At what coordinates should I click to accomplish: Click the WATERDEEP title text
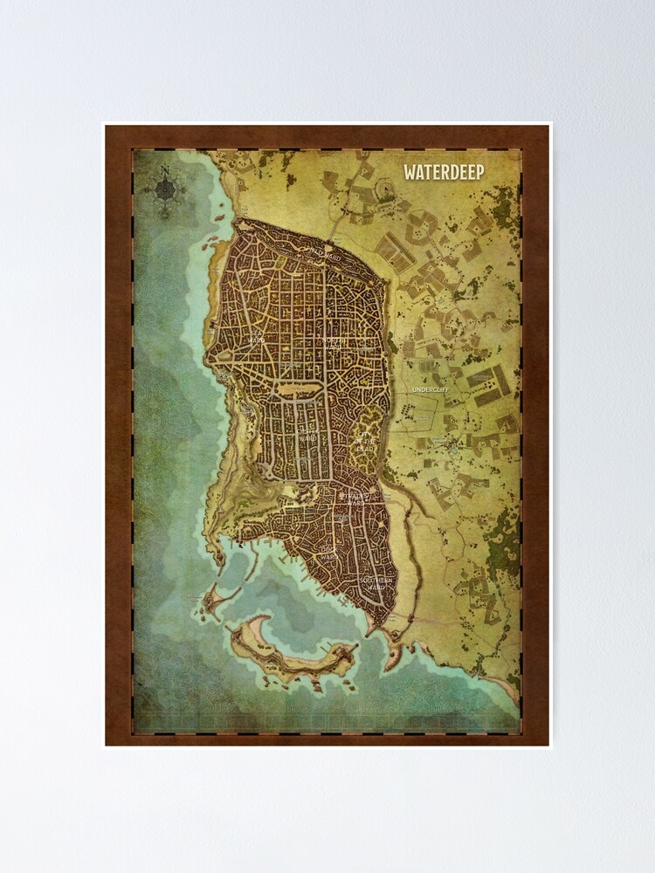444,171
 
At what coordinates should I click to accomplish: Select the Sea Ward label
256,334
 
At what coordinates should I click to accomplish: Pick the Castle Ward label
307,434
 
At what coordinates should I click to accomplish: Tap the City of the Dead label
363,442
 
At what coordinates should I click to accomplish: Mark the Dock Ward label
327,553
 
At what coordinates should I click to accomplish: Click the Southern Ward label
380,583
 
